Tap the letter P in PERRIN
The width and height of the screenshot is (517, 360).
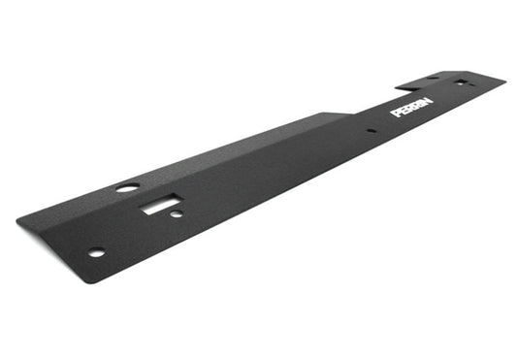point(396,113)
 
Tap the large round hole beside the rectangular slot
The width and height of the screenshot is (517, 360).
point(127,187)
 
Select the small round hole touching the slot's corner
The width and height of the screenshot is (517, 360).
point(177,213)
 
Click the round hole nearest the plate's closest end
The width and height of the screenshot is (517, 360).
point(96,253)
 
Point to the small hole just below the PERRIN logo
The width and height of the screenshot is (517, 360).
point(371,130)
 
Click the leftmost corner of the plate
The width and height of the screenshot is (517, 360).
point(17,222)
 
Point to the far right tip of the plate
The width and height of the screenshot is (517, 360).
point(505,80)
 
